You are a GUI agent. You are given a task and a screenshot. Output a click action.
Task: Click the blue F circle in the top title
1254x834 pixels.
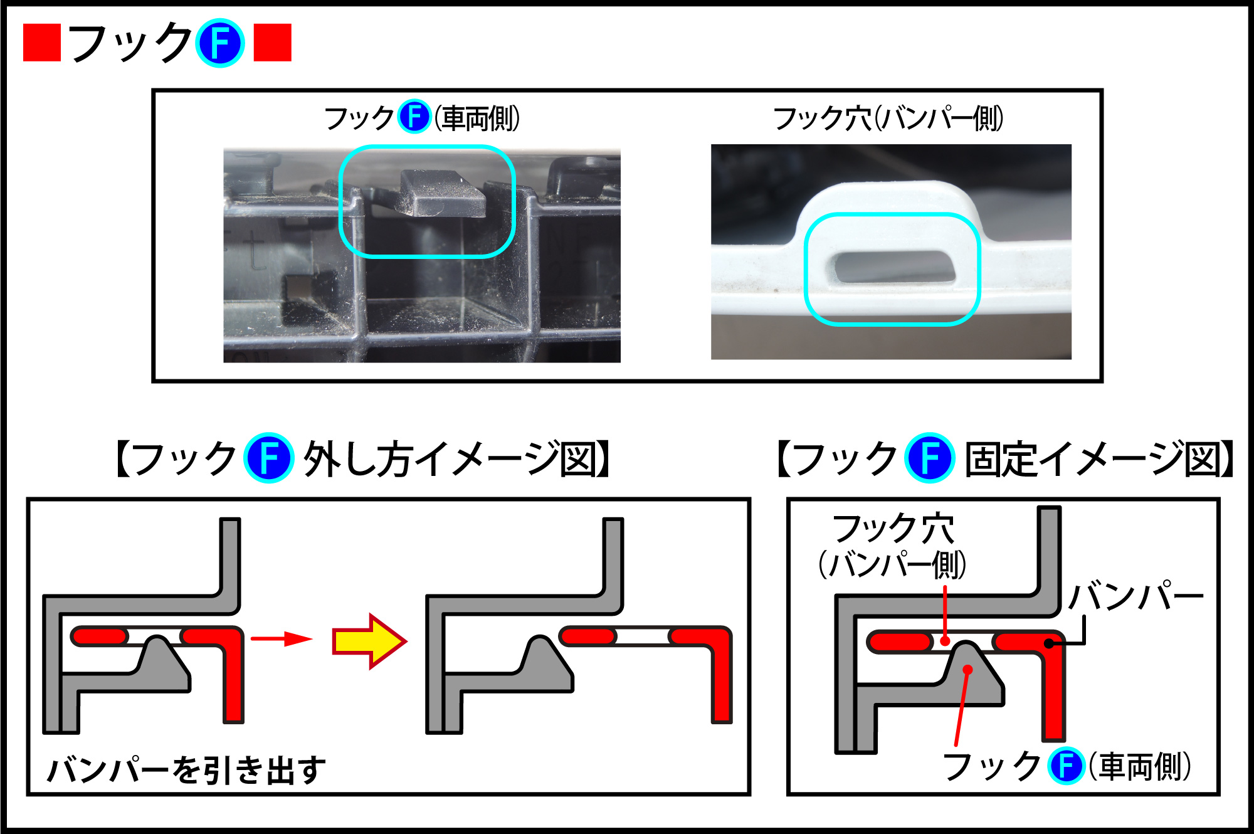[x=219, y=43]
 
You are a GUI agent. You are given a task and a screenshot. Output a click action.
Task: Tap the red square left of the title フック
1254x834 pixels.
[x=42, y=43]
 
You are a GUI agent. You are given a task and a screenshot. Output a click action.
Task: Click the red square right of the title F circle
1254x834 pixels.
[x=273, y=43]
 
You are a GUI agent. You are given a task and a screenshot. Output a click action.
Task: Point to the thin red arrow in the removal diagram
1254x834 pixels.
[x=282, y=639]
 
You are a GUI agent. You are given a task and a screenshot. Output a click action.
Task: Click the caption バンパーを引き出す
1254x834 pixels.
[x=187, y=769]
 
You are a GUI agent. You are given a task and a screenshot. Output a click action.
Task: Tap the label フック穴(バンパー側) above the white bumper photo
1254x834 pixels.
[x=888, y=118]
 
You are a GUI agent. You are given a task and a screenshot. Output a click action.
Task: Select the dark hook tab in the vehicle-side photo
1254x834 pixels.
[x=442, y=193]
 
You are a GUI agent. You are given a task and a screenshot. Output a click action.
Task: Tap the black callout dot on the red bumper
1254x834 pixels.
[x=1049, y=643]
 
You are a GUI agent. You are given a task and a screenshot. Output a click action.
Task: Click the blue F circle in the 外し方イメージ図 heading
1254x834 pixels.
[x=268, y=458]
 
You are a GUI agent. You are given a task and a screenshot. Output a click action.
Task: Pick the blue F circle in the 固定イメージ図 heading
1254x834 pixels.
[x=930, y=458]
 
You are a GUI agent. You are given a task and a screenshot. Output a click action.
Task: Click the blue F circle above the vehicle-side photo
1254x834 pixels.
[x=414, y=116]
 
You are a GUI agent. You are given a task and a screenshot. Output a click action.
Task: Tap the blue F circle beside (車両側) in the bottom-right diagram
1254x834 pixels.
[x=1067, y=766]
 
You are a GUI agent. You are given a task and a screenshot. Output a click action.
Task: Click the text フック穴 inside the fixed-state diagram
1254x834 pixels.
[x=893, y=529]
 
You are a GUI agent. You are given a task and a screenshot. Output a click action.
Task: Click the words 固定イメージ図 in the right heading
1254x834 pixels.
[x=1094, y=458]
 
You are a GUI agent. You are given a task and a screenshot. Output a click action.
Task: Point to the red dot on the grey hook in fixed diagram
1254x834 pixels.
[x=967, y=670]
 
